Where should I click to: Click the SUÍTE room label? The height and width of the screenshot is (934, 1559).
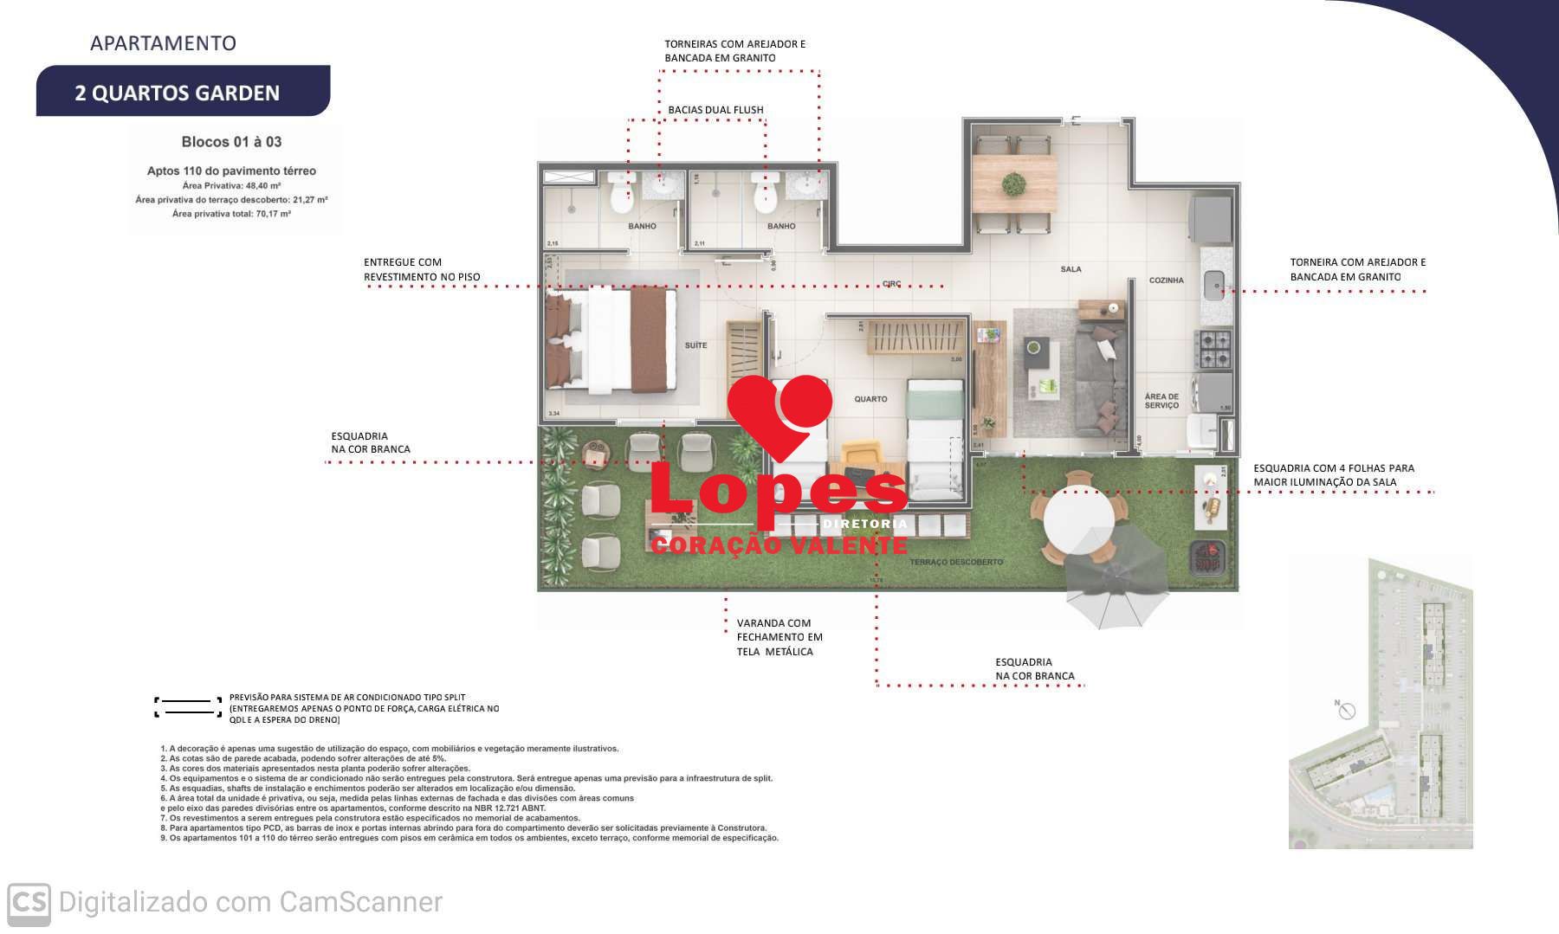695,345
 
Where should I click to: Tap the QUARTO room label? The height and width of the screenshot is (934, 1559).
870,399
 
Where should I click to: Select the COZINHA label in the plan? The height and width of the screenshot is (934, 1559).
1166,280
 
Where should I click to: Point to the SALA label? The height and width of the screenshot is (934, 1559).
1071,269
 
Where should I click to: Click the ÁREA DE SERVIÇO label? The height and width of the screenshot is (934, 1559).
1161,401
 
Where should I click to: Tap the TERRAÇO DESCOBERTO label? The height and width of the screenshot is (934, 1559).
956,563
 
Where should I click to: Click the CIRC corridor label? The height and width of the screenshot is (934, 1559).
892,283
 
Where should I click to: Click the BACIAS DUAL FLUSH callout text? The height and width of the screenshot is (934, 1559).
715,110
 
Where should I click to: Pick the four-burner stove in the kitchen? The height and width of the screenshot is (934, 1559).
1213,348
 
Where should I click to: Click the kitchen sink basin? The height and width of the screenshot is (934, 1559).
1213,280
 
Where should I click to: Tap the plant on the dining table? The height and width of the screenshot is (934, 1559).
1012,184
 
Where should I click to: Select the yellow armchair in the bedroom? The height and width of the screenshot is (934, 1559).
860,456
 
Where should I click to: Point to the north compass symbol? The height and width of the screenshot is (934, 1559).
1345,710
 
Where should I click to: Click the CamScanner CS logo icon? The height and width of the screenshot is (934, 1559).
29,902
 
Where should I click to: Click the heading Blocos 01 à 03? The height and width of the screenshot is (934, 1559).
231,142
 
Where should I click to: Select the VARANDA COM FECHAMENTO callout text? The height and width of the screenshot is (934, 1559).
774,637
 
